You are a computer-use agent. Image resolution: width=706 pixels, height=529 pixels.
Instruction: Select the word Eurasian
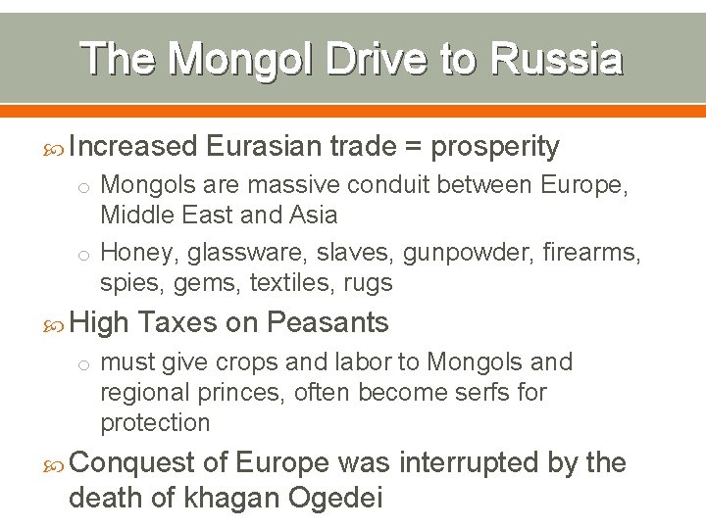click(264, 147)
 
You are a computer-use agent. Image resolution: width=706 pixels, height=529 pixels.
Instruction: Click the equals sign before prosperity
click(414, 147)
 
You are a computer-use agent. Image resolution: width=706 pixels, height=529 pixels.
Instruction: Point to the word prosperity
click(495, 148)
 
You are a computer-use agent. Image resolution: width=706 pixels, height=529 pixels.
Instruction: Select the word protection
click(155, 423)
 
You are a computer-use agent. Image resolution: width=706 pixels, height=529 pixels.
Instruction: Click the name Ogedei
click(334, 499)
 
